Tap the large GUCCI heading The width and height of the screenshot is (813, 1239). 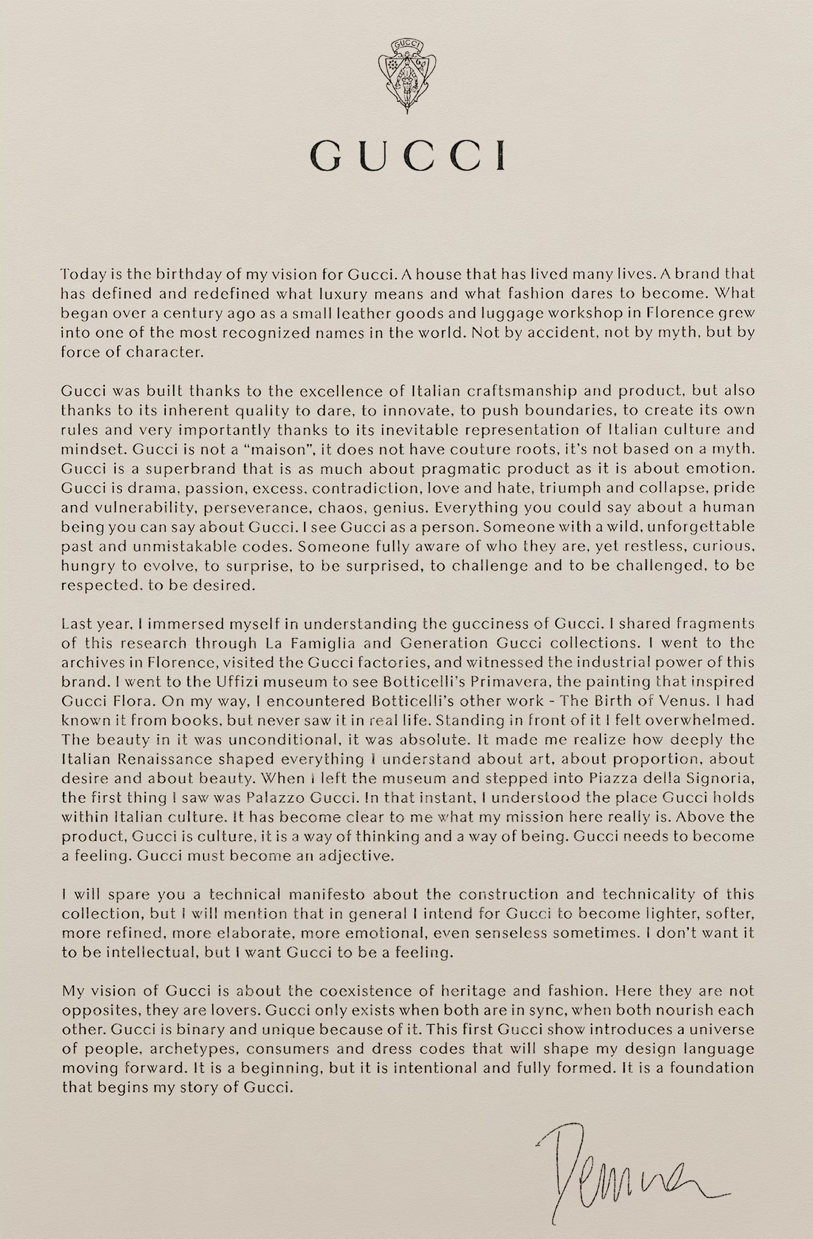click(x=406, y=155)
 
